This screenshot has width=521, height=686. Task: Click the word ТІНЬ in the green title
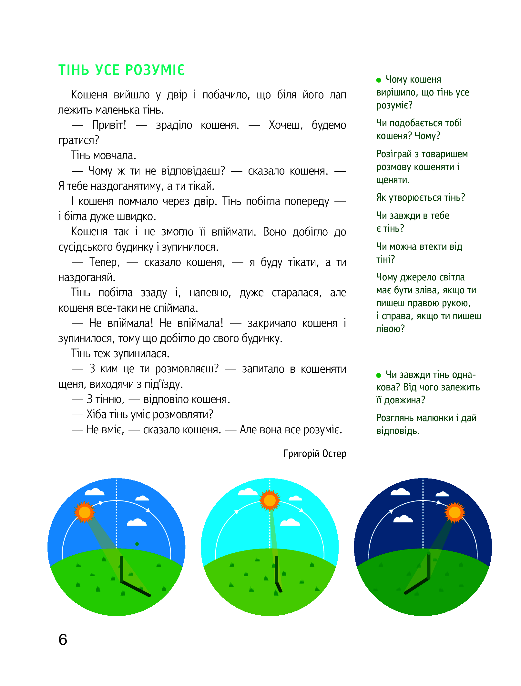click(x=74, y=70)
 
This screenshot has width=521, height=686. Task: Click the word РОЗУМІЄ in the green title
click(x=155, y=70)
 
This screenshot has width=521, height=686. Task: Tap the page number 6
click(x=63, y=640)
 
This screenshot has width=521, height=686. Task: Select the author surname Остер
click(x=334, y=454)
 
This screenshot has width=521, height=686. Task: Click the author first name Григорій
click(x=301, y=454)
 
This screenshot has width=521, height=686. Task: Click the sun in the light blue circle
click(x=85, y=512)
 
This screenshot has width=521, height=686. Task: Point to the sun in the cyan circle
click(x=270, y=500)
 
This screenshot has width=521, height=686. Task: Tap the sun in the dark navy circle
click(x=455, y=512)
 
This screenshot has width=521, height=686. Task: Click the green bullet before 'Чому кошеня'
click(x=379, y=80)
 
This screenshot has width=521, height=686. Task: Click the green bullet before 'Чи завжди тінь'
click(x=379, y=375)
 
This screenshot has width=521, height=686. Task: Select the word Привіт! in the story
click(x=109, y=125)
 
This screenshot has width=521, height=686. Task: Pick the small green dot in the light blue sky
click(x=137, y=544)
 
